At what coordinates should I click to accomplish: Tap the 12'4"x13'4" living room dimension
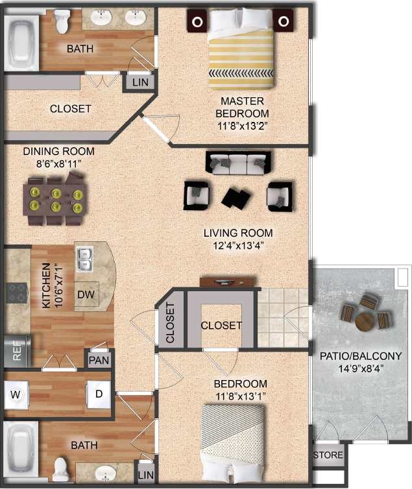tap(238, 245)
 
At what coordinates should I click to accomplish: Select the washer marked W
tap(16, 393)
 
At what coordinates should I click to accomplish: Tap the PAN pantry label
tap(99, 359)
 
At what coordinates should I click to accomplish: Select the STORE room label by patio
tap(328, 455)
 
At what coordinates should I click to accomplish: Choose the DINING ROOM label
tap(59, 152)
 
